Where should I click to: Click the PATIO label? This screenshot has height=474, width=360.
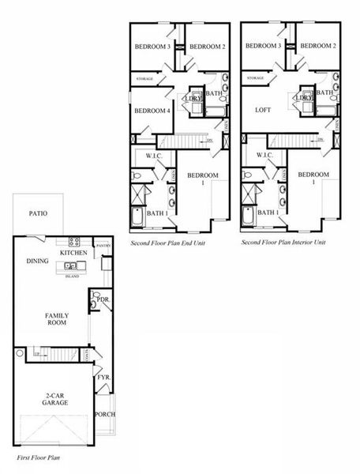tap(37, 213)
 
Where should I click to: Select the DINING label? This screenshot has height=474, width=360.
tap(37, 261)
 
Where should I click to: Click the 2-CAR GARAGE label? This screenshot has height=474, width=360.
tap(55, 399)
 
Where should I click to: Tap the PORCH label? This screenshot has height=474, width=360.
tap(104, 415)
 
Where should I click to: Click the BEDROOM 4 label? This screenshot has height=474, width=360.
tap(152, 111)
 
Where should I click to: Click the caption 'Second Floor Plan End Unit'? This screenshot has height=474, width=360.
tap(168, 243)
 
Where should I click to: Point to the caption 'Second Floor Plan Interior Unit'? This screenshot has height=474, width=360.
tap(283, 243)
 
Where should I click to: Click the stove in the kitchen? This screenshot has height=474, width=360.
tap(74, 242)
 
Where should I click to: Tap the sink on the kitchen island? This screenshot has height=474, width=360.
tap(71, 265)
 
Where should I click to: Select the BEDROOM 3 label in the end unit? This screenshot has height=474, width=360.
tap(152, 47)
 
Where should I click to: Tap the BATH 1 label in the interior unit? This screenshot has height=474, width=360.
tap(267, 212)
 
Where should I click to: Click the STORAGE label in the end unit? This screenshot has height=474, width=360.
tap(144, 79)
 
